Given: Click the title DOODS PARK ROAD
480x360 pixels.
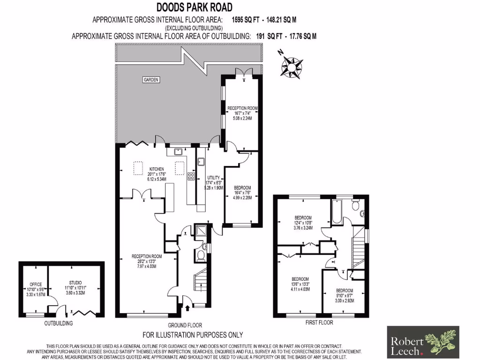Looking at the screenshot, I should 194,7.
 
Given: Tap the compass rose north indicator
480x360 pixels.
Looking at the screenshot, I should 292,66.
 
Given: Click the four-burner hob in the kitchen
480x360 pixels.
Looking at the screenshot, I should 191,176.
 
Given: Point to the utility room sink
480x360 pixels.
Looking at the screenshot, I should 200,162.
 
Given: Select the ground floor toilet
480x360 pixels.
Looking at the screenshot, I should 200,255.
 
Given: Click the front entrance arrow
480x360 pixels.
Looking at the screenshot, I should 188,307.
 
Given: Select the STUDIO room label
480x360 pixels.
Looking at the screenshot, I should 73,283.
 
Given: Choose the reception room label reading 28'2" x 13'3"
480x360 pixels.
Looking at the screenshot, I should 147,261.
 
